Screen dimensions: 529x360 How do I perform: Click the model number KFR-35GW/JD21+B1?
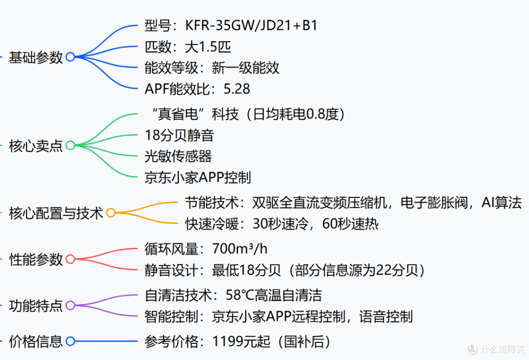coord(251,25)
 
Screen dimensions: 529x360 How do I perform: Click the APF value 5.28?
coord(237,89)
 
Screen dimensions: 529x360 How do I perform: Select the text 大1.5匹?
coord(208,47)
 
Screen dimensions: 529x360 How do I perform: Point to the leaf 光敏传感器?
coord(178,156)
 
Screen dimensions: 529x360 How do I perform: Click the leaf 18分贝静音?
coord(179,135)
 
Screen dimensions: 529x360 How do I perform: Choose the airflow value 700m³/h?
coord(240,249)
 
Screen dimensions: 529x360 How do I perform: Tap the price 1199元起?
coord(241,341)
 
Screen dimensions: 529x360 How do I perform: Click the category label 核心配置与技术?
coord(56,213)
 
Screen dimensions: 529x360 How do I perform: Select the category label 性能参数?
coord(36,260)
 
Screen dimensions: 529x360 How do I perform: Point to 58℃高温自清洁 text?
coord(274,295)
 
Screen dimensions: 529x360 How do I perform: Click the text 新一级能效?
coord(245,68)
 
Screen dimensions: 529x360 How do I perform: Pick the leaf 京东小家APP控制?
coord(198,177)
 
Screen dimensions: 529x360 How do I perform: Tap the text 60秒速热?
coord(350,224)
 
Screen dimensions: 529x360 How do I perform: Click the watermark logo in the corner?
coord(472,349)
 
